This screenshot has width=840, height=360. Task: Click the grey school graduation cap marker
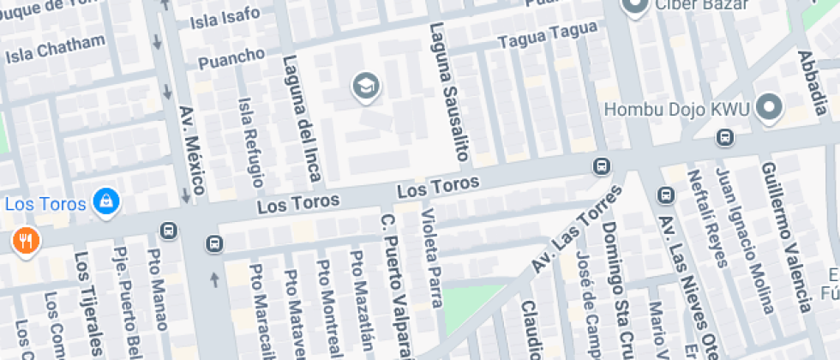(366, 86)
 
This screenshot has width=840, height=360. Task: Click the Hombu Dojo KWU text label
(677, 110)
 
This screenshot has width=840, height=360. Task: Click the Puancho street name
(231, 58)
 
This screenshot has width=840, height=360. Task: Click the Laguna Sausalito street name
(450, 92)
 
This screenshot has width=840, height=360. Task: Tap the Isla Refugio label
(251, 141)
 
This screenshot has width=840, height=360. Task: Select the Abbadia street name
(810, 81)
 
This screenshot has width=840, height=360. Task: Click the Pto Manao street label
(157, 289)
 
